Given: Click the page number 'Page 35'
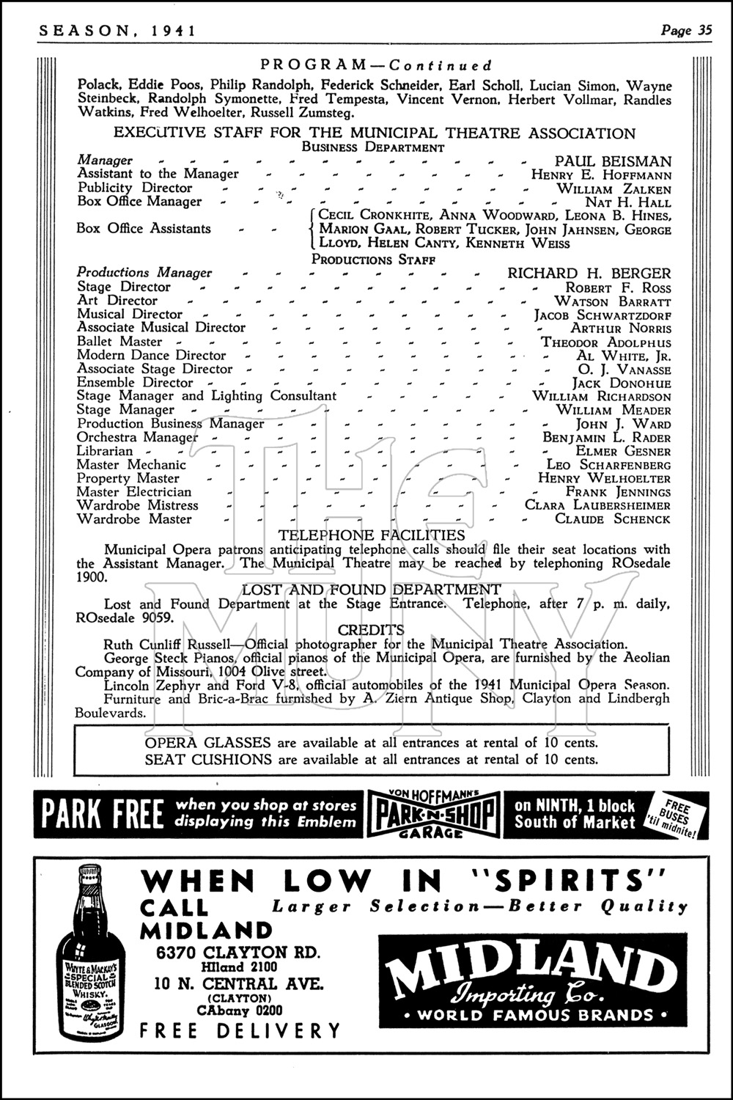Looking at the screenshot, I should pyautogui.click(x=686, y=30).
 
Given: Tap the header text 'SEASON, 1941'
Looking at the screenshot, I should pyautogui.click(x=117, y=30).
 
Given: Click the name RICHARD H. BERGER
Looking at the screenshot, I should pyautogui.click(x=589, y=273).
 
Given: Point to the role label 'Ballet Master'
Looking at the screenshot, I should pyautogui.click(x=119, y=341).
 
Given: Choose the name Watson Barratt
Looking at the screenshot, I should pyautogui.click(x=613, y=301).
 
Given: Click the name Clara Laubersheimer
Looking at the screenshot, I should pyautogui.click(x=597, y=505).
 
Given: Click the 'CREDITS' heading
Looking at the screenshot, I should pyautogui.click(x=371, y=630).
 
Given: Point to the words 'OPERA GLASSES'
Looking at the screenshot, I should pyautogui.click(x=207, y=742).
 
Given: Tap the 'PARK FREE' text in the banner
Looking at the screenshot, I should pyautogui.click(x=102, y=815).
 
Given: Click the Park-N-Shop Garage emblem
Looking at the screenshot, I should pyautogui.click(x=434, y=813).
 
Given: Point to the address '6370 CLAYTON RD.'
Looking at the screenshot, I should pyautogui.click(x=237, y=953).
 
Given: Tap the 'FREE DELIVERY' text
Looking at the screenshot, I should pyautogui.click(x=240, y=1030).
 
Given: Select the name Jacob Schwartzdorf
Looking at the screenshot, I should pyautogui.click(x=603, y=314).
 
